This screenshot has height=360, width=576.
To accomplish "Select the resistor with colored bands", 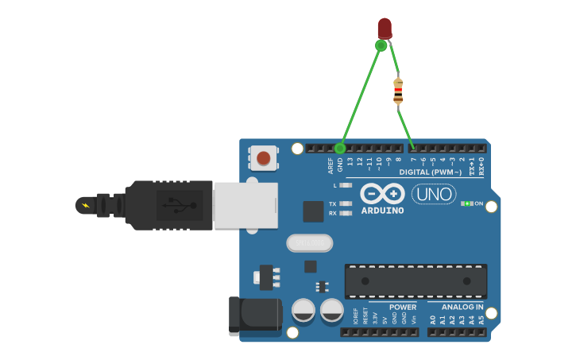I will [x=398, y=92].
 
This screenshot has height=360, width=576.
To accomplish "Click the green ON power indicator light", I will [x=469, y=203].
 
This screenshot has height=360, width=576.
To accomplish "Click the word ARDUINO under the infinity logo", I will [x=382, y=211].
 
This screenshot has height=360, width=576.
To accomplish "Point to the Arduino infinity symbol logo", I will [x=382, y=194].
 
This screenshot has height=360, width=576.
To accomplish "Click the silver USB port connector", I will [x=245, y=206].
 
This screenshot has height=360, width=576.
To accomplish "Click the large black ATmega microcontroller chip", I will [x=416, y=281].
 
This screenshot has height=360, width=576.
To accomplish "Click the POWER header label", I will [x=403, y=307].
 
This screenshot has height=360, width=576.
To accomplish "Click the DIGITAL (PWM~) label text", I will [x=430, y=172].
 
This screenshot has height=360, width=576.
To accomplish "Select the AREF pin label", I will [x=331, y=165].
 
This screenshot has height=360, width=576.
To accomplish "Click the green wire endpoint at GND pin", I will [x=340, y=148].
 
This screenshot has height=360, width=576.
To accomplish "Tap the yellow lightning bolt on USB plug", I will [x=84, y=206].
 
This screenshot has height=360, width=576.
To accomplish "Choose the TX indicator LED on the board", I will [x=345, y=203].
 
